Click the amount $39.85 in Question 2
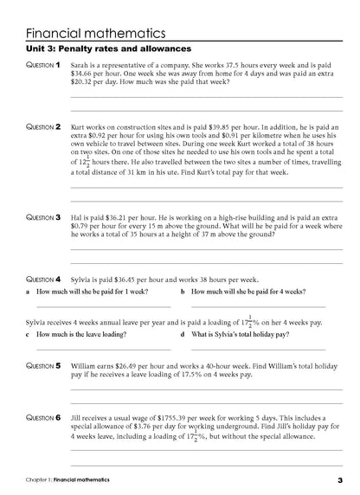coord(231,126)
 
